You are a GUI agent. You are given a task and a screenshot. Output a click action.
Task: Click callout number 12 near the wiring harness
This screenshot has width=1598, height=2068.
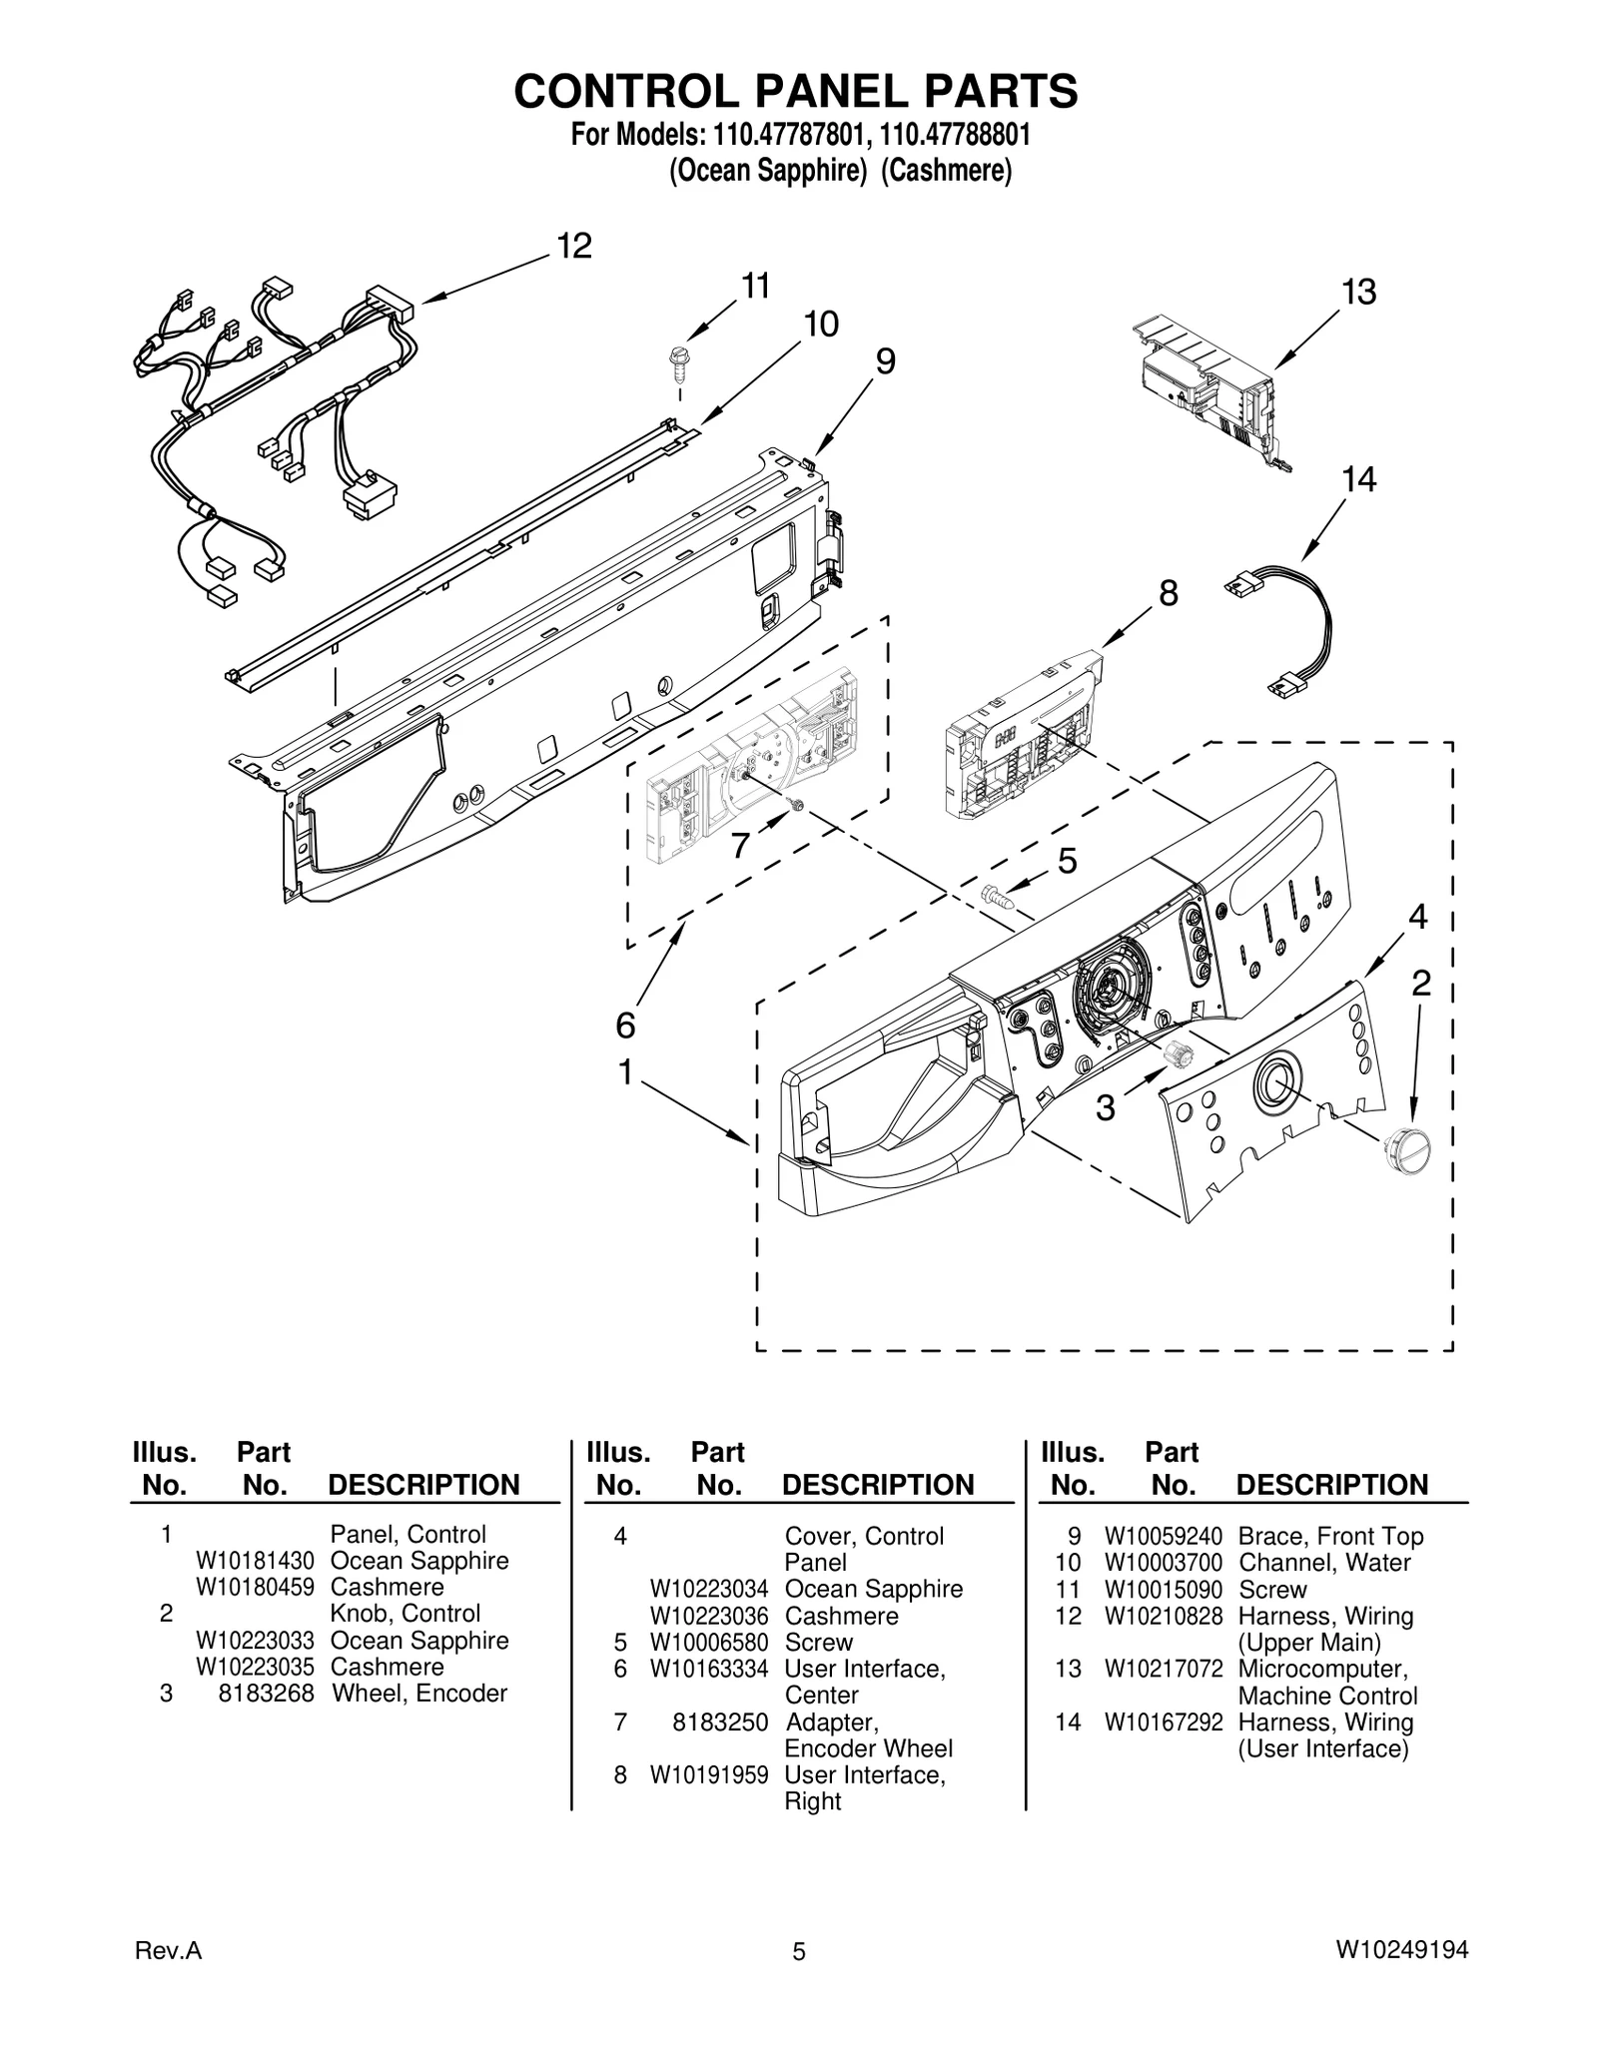point(574,246)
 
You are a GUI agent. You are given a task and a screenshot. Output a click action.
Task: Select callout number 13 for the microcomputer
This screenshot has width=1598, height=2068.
point(1358,293)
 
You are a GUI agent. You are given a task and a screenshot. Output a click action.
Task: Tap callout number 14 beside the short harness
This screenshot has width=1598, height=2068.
point(1358,480)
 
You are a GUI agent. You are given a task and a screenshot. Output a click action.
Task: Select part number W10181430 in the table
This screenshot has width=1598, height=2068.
point(255,1561)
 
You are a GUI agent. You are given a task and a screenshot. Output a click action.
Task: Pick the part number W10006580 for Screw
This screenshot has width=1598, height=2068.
point(709,1643)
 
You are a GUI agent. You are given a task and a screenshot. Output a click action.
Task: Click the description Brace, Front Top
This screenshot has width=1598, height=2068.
point(1330,1537)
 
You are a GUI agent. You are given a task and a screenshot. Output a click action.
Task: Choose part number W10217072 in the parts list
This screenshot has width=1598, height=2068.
point(1163,1669)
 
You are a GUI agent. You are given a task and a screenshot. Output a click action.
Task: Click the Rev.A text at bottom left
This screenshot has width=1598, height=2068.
point(168,1951)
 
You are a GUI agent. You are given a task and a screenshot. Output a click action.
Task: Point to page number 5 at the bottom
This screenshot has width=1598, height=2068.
point(798,1951)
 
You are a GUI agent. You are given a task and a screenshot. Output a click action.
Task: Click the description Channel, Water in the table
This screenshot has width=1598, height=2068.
point(1324,1563)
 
